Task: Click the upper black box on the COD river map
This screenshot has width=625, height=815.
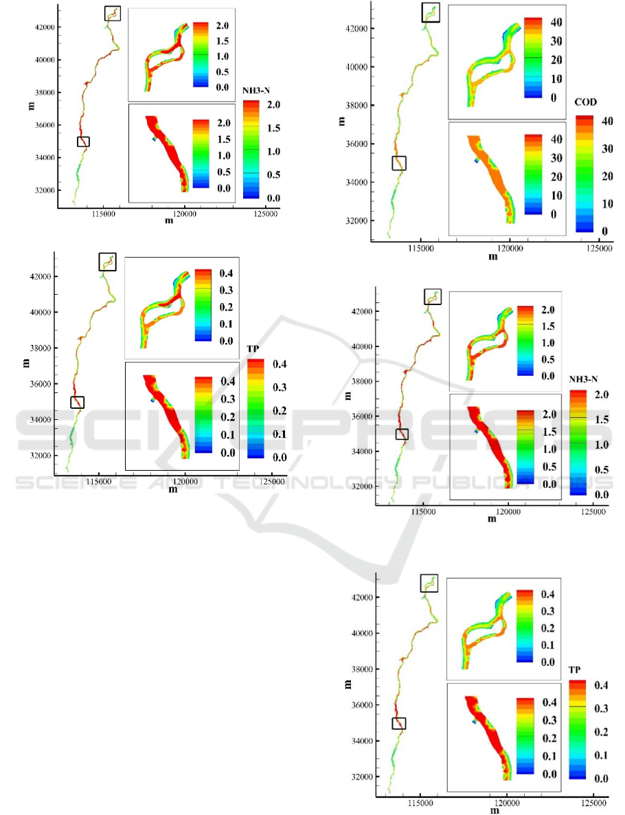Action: click(431, 12)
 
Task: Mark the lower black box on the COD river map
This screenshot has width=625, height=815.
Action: click(399, 163)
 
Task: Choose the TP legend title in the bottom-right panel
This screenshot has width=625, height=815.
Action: click(576, 669)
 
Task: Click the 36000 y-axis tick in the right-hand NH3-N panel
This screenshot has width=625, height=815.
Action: click(361, 416)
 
